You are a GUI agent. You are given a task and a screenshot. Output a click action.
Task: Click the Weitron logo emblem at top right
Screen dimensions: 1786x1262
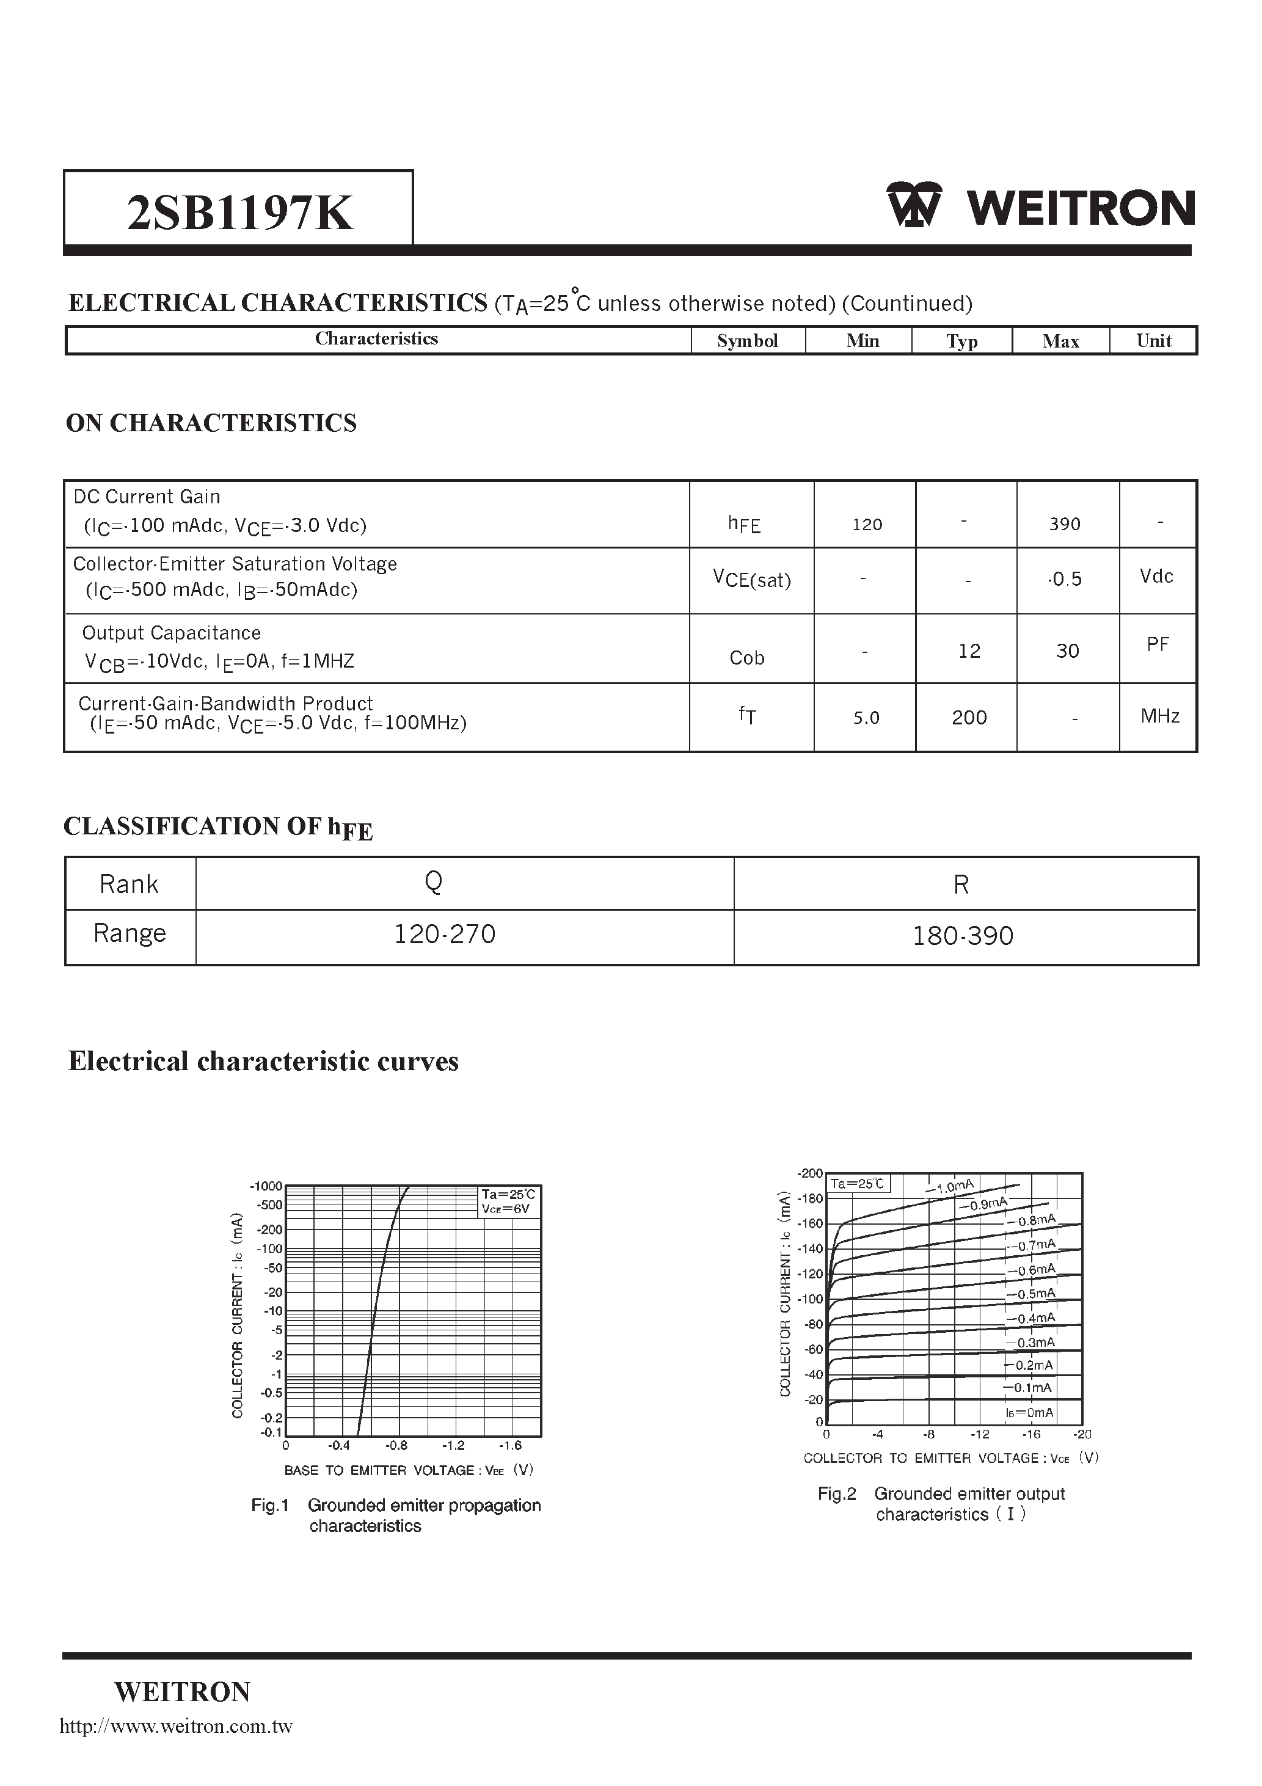pyautogui.click(x=913, y=205)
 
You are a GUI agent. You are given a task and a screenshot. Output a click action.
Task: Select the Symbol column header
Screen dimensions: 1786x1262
pyautogui.click(x=747, y=341)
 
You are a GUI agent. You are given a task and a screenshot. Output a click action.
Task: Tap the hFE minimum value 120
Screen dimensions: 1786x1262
pyautogui.click(x=867, y=524)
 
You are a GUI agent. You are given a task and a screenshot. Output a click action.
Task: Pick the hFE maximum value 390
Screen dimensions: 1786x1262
pyautogui.click(x=1064, y=524)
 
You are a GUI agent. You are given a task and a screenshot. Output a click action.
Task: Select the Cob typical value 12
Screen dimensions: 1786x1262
pyautogui.click(x=969, y=651)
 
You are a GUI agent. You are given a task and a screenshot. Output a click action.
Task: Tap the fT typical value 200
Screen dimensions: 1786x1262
pyautogui.click(x=969, y=717)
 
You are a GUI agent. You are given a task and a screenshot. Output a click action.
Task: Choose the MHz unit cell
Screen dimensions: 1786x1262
pyautogui.click(x=1159, y=716)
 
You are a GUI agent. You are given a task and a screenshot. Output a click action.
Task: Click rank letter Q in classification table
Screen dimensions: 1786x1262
pyautogui.click(x=433, y=881)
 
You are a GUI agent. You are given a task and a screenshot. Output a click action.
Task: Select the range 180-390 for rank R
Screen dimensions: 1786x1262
pyautogui.click(x=963, y=935)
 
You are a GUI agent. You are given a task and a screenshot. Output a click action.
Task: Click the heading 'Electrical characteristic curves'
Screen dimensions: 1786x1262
pyautogui.click(x=263, y=1061)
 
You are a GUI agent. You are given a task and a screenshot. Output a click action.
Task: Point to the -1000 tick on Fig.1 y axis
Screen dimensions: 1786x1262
pyautogui.click(x=266, y=1186)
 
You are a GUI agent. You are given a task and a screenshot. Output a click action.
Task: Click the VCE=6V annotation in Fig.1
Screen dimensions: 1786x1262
pyautogui.click(x=505, y=1209)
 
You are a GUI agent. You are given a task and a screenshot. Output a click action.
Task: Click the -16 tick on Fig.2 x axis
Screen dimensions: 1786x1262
pyautogui.click(x=1031, y=1434)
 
